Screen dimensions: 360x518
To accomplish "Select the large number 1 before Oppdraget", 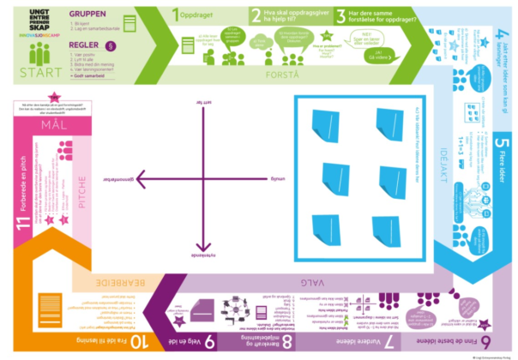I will tap(176, 15).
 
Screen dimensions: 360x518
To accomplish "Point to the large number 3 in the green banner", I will tap(340, 15).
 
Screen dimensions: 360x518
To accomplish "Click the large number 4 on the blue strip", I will tap(503, 39).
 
